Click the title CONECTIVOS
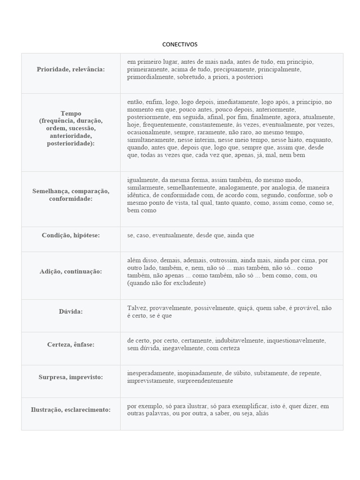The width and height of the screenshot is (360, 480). pos(180,45)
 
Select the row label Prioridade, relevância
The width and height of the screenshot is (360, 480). pos(71,69)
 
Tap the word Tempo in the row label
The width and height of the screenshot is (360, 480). pos(71,113)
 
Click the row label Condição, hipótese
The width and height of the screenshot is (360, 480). pos(71,235)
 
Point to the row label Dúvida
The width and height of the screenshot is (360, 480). pos(71,311)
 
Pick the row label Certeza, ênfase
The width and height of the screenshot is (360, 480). pos(71,345)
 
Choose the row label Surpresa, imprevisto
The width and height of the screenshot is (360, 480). pos(71,377)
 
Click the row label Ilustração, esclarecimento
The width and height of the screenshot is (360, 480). pos(71,410)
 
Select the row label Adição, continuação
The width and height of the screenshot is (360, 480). pos(71,271)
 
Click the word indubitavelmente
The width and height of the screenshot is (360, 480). pos(240,340)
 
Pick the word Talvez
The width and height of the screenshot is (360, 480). pos(137,308)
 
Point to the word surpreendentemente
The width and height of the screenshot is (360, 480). pos(204,381)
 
